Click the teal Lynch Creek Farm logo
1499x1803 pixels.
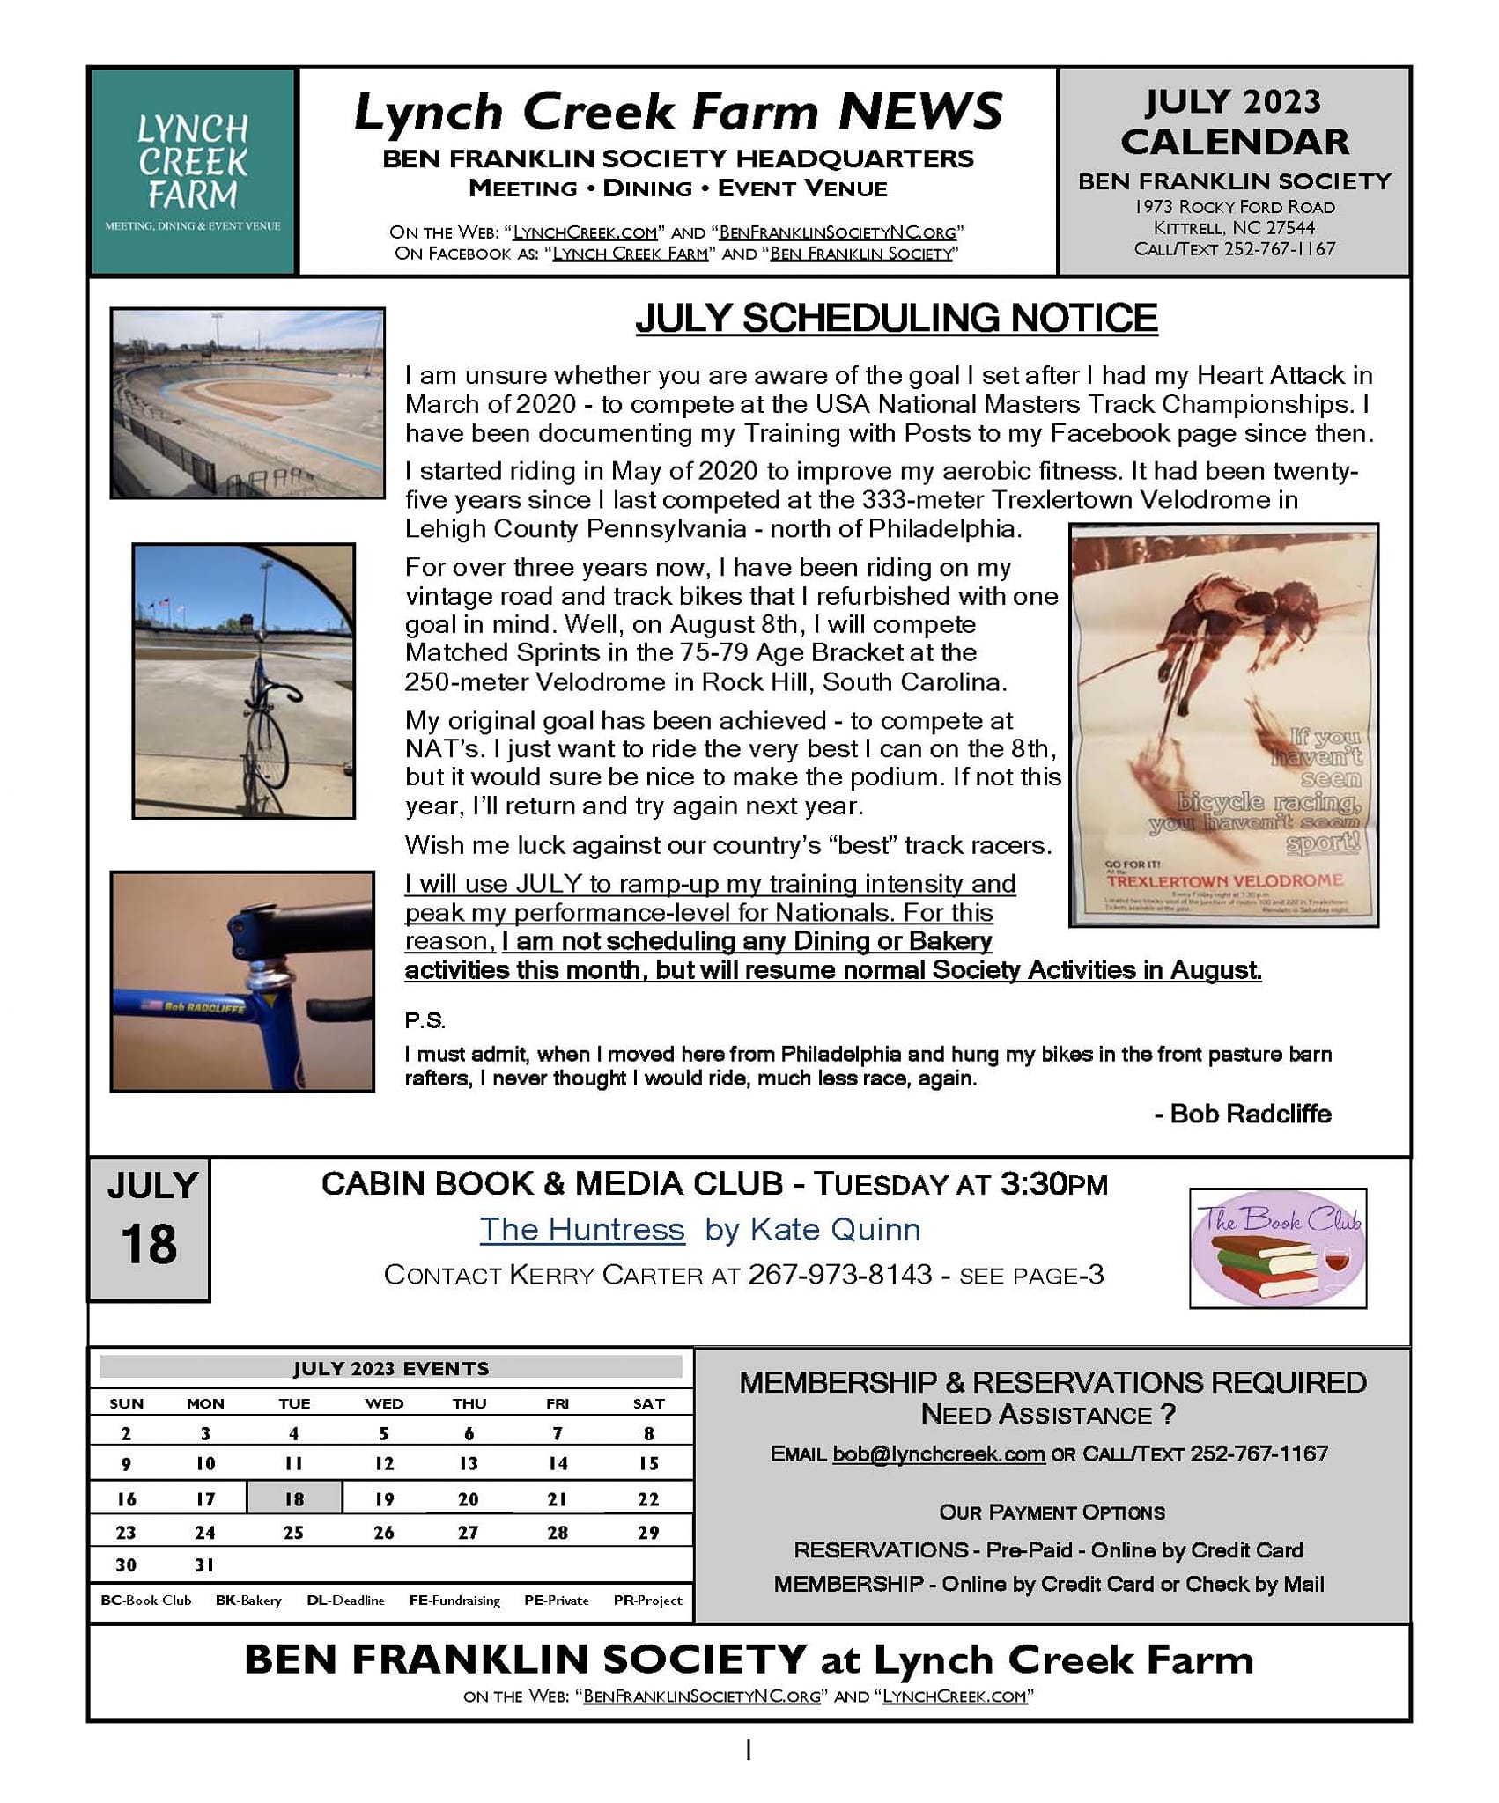click(x=193, y=172)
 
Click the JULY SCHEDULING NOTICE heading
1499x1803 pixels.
click(x=896, y=319)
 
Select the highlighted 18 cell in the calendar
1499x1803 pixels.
click(x=294, y=1498)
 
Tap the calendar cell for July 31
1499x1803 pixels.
click(x=205, y=1564)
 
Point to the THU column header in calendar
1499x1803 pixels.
click(x=469, y=1403)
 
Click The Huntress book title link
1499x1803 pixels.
click(x=581, y=1229)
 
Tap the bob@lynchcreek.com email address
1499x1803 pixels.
click(x=938, y=1454)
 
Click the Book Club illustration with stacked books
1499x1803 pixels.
click(x=1277, y=1248)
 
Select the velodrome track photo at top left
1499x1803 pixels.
click(x=247, y=402)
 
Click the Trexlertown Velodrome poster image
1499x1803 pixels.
click(x=1223, y=725)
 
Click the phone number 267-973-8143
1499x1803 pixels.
click(x=839, y=1275)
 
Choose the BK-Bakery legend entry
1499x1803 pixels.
click(x=248, y=1600)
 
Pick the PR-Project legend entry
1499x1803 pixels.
click(x=647, y=1600)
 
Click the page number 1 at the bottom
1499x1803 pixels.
click(x=748, y=1750)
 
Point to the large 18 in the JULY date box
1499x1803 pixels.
click(x=149, y=1245)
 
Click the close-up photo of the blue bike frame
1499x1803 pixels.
click(x=242, y=982)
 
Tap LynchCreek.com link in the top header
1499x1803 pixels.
click(x=585, y=232)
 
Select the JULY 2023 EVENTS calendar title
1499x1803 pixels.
click(x=390, y=1368)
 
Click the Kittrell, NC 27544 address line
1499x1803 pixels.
click(x=1234, y=228)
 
